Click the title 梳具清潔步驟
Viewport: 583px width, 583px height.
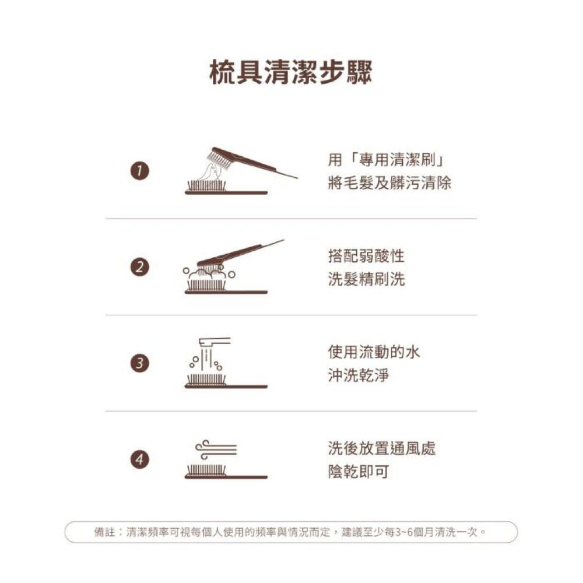click(x=291, y=72)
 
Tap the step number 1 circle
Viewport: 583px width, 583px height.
click(x=140, y=171)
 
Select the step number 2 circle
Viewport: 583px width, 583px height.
click(x=140, y=268)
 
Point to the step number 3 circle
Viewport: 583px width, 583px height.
click(x=140, y=363)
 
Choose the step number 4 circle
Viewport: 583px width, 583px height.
click(x=140, y=459)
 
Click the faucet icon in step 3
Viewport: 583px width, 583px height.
click(x=215, y=342)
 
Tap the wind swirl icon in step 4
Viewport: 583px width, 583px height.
click(x=216, y=449)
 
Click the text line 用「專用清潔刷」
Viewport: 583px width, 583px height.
click(x=387, y=160)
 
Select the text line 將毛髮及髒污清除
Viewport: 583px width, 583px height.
click(x=389, y=183)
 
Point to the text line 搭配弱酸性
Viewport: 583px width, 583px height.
click(x=366, y=256)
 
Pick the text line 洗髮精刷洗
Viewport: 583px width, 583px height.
click(x=366, y=279)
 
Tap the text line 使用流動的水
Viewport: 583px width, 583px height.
click(x=374, y=352)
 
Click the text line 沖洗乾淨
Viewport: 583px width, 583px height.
click(x=359, y=375)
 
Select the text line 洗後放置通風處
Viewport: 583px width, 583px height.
click(x=382, y=448)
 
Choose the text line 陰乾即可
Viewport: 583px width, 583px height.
click(x=359, y=472)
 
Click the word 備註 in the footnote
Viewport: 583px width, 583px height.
click(x=104, y=532)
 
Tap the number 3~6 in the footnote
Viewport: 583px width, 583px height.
click(x=403, y=532)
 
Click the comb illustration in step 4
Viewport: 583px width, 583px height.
click(x=226, y=471)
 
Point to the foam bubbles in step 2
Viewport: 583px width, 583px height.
click(x=209, y=275)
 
